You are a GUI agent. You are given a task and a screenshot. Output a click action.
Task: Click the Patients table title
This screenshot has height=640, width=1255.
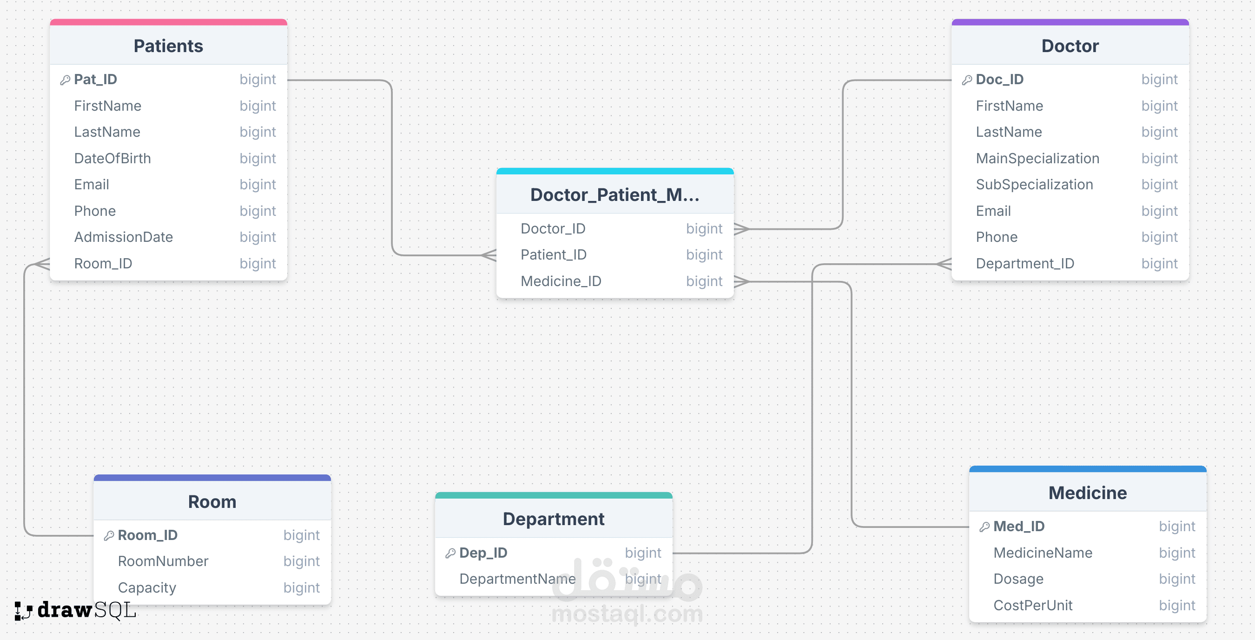click(x=168, y=46)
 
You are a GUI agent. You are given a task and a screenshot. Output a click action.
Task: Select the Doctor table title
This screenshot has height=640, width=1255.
click(x=1070, y=46)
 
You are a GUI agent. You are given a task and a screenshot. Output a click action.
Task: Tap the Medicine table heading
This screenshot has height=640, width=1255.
click(x=1087, y=493)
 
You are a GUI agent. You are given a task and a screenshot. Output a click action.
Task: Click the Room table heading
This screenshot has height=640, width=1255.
click(x=212, y=501)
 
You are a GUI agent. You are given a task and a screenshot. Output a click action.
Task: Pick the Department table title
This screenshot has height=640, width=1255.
click(x=554, y=519)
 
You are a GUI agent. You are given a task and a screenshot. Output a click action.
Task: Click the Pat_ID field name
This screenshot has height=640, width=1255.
click(x=95, y=80)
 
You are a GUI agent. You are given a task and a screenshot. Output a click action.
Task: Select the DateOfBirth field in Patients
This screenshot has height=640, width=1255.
click(x=112, y=159)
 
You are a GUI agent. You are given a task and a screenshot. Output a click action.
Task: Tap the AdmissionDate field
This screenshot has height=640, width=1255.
click(x=123, y=237)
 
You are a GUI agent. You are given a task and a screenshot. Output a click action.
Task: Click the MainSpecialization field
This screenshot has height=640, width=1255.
click(x=1037, y=159)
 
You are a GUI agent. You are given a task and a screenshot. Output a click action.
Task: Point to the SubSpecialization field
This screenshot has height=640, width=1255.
click(x=1034, y=185)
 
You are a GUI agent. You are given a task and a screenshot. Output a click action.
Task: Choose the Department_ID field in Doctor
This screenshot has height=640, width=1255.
click(x=1024, y=264)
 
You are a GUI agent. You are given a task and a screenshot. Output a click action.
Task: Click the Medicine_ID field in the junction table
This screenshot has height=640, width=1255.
click(x=561, y=281)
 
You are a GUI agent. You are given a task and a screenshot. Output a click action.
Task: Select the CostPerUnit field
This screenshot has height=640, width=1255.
click(x=1033, y=606)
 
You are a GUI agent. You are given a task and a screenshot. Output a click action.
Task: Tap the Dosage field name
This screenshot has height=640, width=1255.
click(x=1018, y=579)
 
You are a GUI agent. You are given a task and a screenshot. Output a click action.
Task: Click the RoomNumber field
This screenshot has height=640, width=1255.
click(x=163, y=561)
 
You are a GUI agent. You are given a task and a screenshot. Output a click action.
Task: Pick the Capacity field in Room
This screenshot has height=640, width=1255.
click(x=146, y=588)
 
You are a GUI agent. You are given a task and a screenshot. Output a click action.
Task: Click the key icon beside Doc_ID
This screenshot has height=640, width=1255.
click(x=967, y=80)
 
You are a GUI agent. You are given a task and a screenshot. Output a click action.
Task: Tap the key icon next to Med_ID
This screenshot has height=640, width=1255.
click(x=984, y=527)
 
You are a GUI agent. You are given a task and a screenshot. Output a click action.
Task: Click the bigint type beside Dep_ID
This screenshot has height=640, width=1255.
click(x=642, y=553)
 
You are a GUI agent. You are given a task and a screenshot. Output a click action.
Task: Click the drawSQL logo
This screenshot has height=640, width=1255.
click(x=75, y=610)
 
